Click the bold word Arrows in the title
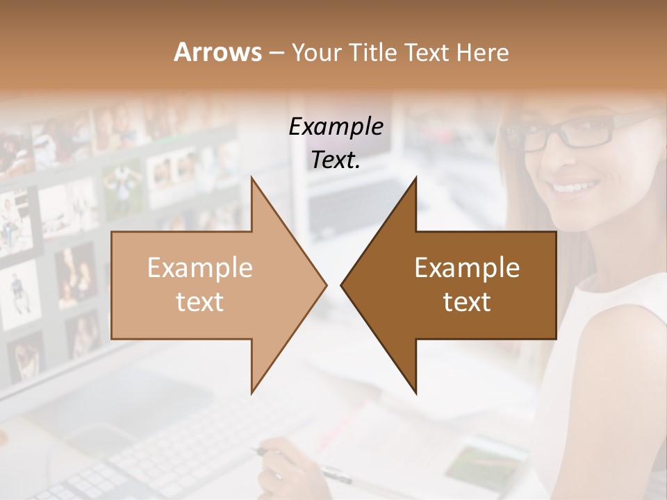pos(217,52)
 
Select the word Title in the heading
pos(368,52)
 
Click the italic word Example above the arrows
pos(336,126)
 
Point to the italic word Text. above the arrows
pos(336,160)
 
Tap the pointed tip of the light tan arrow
pos(323,284)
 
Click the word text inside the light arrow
pos(199,302)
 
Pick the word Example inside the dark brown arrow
pos(467,268)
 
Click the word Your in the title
pos(313,52)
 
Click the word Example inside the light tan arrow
pos(199,268)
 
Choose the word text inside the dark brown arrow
pos(467,302)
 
